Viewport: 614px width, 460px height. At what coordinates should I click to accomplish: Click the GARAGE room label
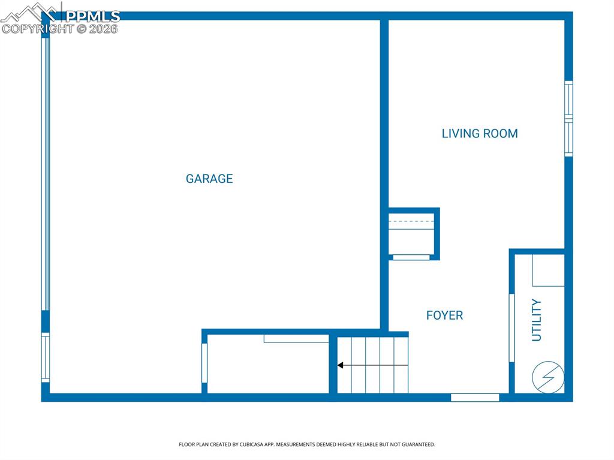click(209, 179)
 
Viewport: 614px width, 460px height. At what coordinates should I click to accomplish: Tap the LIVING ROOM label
click(480, 134)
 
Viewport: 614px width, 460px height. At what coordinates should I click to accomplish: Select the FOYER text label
click(444, 315)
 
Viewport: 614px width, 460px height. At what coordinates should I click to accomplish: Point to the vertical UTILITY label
click(537, 320)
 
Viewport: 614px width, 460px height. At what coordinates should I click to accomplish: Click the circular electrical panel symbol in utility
click(548, 377)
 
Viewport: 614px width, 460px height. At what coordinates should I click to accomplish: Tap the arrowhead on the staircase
click(341, 365)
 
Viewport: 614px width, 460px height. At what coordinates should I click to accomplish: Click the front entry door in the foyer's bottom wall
click(475, 397)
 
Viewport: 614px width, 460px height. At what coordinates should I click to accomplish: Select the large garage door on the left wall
click(46, 174)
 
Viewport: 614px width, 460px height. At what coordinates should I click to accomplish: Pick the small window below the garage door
click(46, 357)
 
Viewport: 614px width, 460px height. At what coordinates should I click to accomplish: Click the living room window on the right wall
click(568, 119)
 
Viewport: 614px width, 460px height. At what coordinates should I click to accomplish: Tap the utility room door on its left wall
click(511, 327)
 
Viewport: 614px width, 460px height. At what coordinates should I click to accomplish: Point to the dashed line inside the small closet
click(411, 221)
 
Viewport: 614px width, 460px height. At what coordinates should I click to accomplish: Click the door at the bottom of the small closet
click(411, 257)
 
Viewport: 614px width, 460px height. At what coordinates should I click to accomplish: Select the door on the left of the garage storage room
click(204, 363)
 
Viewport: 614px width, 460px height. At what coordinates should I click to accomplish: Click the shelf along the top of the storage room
click(296, 338)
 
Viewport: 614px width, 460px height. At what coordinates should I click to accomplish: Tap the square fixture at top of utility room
click(548, 270)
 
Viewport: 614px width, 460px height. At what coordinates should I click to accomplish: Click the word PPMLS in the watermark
click(93, 16)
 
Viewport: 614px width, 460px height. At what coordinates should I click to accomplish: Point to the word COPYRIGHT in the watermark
click(38, 29)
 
